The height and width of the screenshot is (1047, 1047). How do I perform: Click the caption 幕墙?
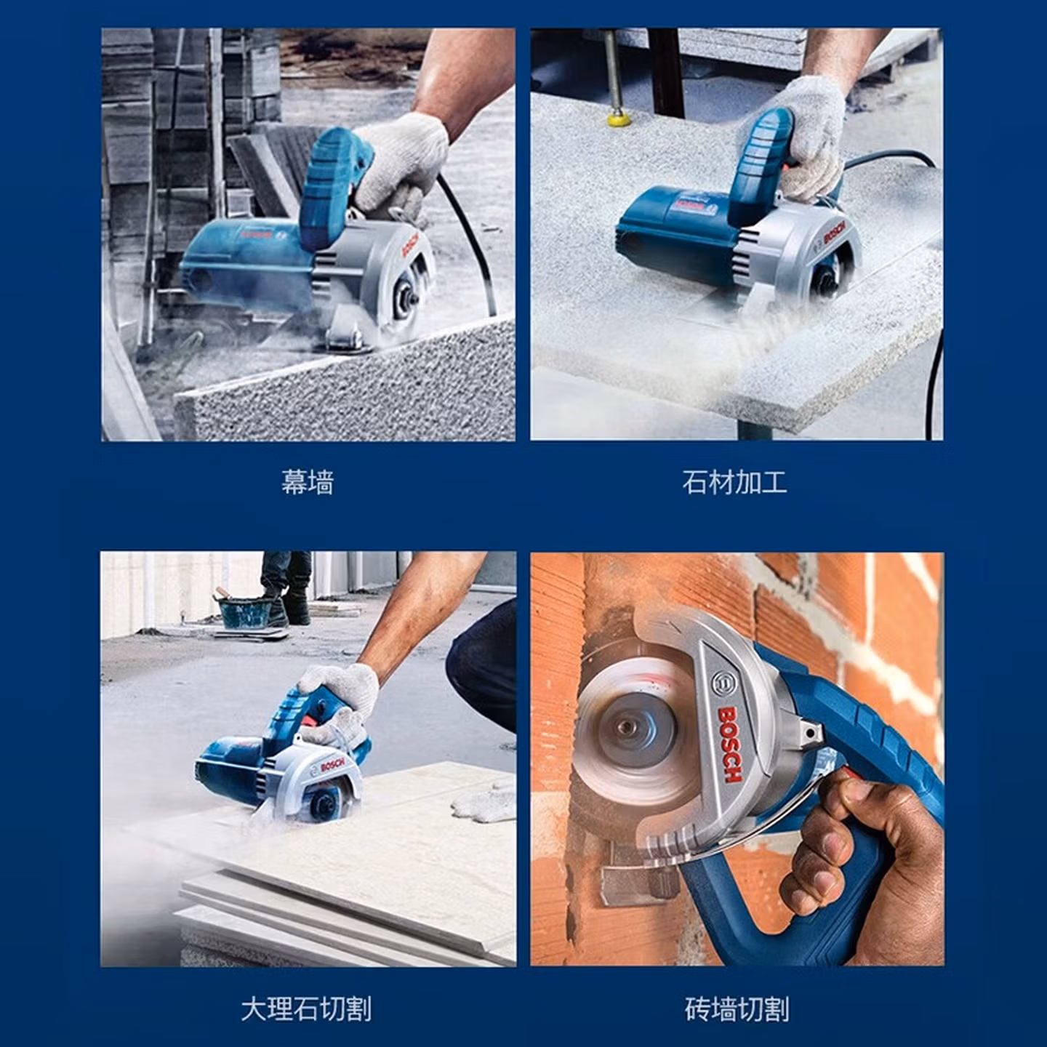pos(307,483)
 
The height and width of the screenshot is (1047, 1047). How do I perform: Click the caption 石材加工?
pos(734,483)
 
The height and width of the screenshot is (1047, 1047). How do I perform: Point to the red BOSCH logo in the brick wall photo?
pos(729,744)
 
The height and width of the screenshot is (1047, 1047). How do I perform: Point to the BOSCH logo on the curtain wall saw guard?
pos(413,246)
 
